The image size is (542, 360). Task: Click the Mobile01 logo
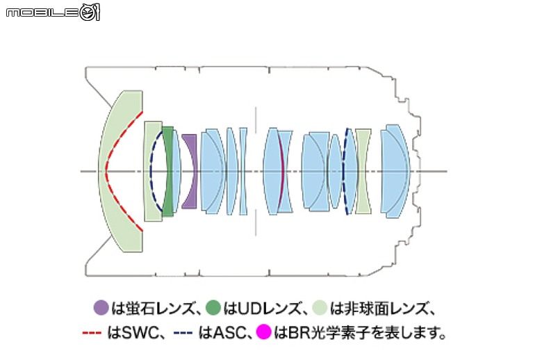pyautogui.click(x=53, y=12)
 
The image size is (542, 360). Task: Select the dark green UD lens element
pyautogui.click(x=168, y=171)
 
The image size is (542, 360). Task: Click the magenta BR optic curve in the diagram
pyautogui.click(x=282, y=171)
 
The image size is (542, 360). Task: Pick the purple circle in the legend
pyautogui.click(x=101, y=307)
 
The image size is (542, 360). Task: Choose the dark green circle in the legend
pyautogui.click(x=213, y=307)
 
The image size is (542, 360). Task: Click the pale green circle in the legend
pyautogui.click(x=320, y=307)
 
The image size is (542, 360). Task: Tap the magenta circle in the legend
pyautogui.click(x=263, y=332)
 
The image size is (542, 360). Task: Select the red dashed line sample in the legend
pyautogui.click(x=92, y=333)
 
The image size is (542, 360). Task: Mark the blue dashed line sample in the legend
pyautogui.click(x=183, y=333)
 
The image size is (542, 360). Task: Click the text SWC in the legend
pyautogui.click(x=138, y=332)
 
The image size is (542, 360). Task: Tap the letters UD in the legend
pyautogui.click(x=246, y=308)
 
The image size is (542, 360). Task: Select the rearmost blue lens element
pyautogui.click(x=395, y=171)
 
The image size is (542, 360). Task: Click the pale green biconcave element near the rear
pyautogui.click(x=363, y=171)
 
